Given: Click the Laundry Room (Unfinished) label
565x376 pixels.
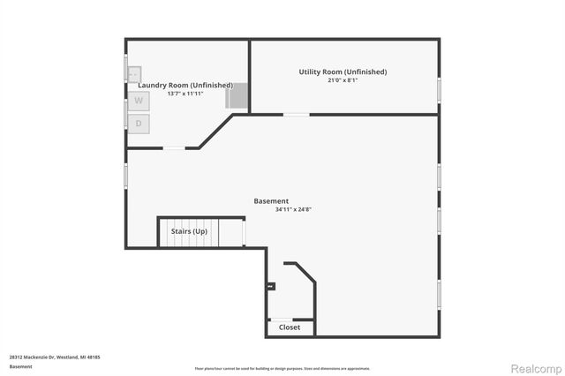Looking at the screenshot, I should [185, 85].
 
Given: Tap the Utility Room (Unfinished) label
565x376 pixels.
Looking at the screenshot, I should [342, 71].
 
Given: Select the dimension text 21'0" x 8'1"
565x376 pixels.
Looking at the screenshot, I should [342, 80].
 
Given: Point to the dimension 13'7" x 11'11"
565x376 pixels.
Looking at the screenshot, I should [185, 94].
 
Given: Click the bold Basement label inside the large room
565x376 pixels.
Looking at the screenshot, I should [271, 201].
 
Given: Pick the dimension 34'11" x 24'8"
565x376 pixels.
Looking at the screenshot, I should [271, 210].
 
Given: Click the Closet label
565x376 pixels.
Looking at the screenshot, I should [290, 327].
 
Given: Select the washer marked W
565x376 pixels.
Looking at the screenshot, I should [139, 101].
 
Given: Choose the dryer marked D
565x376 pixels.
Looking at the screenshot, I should [139, 124].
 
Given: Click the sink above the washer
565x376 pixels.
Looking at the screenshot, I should [133, 74].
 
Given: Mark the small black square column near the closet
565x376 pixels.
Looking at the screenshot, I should [271, 285].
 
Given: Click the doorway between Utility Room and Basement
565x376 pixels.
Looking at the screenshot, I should [296, 114].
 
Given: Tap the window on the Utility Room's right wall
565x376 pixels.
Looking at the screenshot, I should [439, 88].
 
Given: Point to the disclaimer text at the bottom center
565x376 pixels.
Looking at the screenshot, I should [282, 368].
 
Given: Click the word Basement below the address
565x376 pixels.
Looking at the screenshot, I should [20, 366].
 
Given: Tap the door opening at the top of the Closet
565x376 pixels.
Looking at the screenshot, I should [282, 319].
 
